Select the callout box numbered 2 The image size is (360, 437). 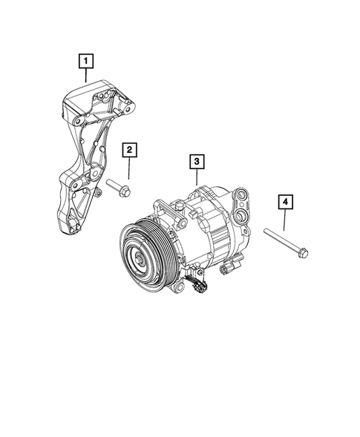tap(129, 151)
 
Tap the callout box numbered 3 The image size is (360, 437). tap(195, 160)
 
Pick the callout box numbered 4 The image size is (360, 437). tap(284, 201)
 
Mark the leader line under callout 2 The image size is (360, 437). tap(129, 168)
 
